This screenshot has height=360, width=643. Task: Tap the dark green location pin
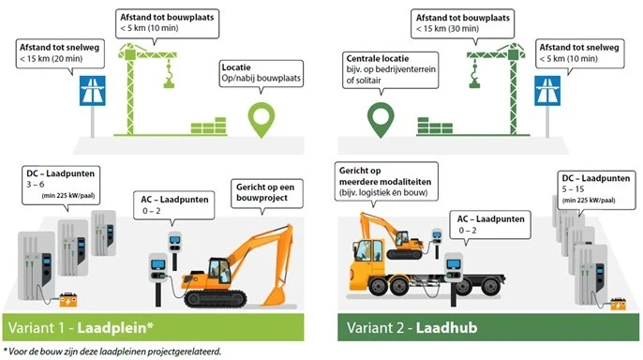(x=380, y=117)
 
